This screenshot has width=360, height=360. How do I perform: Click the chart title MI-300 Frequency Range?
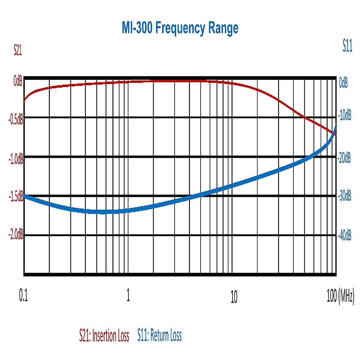click(x=180, y=28)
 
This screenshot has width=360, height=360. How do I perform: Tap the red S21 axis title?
click(x=18, y=50)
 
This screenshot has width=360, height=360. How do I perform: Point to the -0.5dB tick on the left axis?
click(x=16, y=120)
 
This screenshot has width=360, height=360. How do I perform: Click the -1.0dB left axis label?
click(x=16, y=159)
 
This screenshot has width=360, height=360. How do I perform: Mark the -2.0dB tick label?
click(x=16, y=234)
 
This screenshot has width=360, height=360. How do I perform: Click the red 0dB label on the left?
click(x=18, y=81)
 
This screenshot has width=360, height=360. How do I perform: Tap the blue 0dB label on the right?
click(x=343, y=82)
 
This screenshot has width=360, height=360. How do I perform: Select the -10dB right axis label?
click(x=344, y=115)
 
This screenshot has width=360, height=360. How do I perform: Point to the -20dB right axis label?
click(x=344, y=158)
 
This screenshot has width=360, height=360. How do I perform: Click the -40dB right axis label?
click(x=344, y=235)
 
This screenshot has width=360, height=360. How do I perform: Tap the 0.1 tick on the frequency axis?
click(x=23, y=295)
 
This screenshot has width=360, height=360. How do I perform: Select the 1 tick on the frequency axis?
click(x=128, y=295)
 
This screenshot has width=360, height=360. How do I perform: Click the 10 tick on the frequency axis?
click(x=234, y=297)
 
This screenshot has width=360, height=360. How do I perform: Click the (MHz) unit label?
click(x=346, y=296)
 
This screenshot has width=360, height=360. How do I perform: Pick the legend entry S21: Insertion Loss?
click(x=104, y=335)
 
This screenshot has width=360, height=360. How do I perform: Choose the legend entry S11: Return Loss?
click(x=160, y=335)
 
